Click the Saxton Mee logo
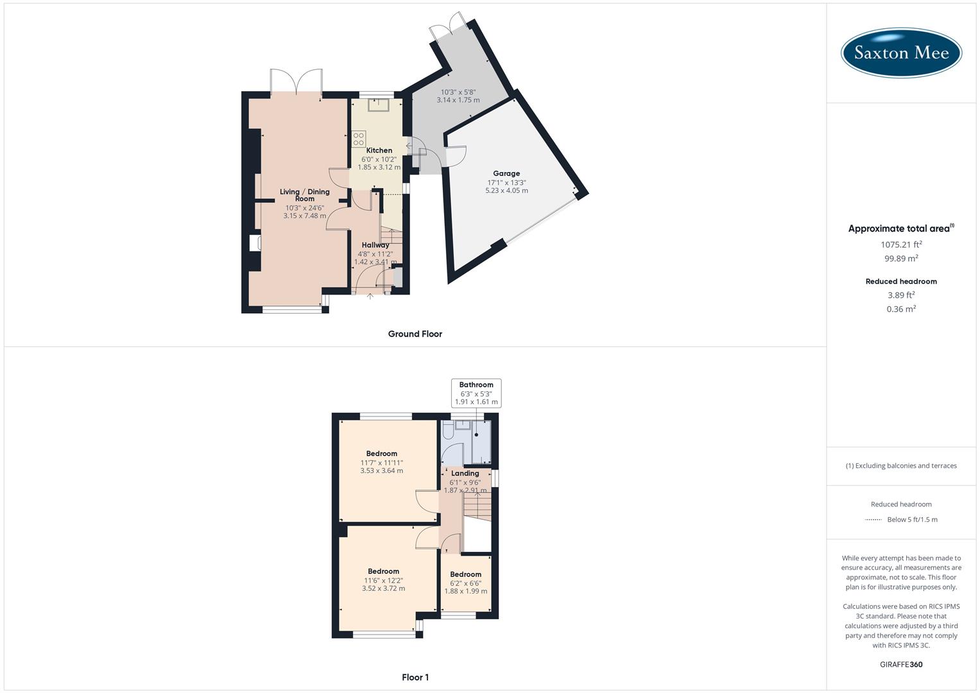tap(901, 53)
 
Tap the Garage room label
tap(506, 173)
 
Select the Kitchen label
tap(379, 151)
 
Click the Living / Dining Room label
tap(305, 195)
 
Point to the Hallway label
tap(375, 245)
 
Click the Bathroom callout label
tap(476, 385)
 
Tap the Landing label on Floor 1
tap(465, 474)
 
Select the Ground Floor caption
tap(415, 334)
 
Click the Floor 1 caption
tap(415, 677)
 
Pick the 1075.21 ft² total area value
tap(901, 244)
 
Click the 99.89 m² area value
tap(901, 259)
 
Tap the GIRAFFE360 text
tap(901, 664)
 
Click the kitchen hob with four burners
tap(358, 139)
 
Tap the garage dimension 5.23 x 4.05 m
tap(506, 191)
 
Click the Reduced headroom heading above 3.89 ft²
tap(901, 281)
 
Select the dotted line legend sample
tap(873, 520)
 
